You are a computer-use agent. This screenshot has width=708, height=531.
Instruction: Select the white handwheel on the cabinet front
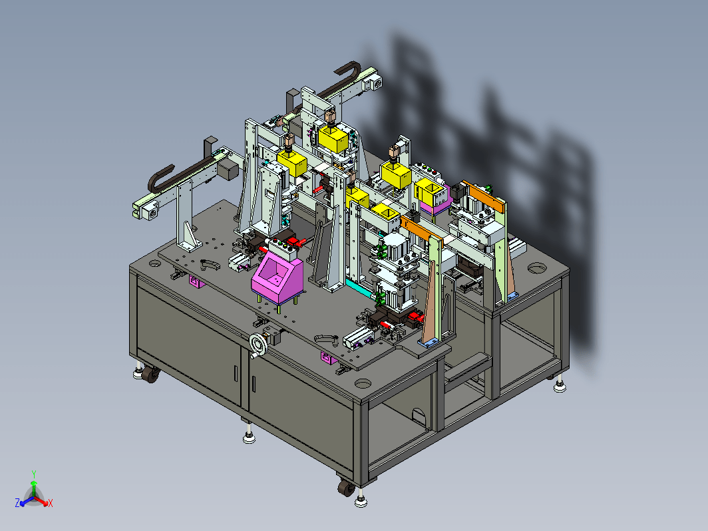pos(259,344)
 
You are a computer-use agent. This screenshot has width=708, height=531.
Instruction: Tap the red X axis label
pos(51,503)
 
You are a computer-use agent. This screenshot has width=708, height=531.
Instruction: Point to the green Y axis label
pos(34,474)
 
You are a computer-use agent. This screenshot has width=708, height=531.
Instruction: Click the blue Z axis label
pos(17,502)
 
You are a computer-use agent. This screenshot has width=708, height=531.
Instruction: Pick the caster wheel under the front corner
pos(346,488)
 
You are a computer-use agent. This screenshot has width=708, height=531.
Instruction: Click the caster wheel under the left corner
pos(150,375)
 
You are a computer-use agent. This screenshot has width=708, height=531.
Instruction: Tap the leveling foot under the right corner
pos(560,387)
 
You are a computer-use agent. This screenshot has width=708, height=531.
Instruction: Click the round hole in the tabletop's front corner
pos(363,384)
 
